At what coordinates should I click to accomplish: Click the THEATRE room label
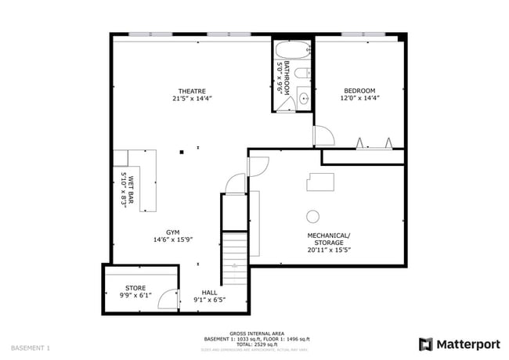(192, 91)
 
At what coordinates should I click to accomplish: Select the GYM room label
(173, 232)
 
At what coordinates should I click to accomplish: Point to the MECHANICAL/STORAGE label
(327, 236)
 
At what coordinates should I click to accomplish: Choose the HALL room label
(209, 291)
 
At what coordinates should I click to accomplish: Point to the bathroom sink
(301, 99)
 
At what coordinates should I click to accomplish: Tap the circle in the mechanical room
(312, 217)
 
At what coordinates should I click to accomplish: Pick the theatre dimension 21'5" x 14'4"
(192, 99)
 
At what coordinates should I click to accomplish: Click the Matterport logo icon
(426, 344)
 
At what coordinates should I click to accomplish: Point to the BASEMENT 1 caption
(31, 347)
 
